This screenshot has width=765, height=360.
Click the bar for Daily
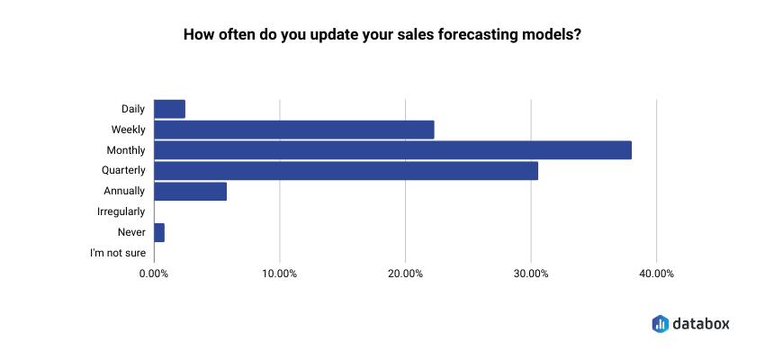click(x=170, y=109)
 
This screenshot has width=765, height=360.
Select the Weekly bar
click(x=294, y=130)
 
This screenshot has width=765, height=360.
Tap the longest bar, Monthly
click(x=392, y=150)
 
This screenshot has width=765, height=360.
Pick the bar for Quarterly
click(x=346, y=171)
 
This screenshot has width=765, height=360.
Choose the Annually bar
click(x=190, y=191)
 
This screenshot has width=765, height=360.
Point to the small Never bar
click(x=159, y=233)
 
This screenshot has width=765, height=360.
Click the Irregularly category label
click(x=121, y=211)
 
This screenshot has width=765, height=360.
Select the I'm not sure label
click(x=118, y=253)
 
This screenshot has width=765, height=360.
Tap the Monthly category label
click(x=126, y=150)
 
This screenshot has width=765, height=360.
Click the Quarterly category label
click(x=123, y=171)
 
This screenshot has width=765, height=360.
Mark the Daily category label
click(x=133, y=109)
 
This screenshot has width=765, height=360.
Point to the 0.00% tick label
click(x=154, y=274)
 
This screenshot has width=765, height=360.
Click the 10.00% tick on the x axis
click(x=280, y=274)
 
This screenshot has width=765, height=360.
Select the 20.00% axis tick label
click(x=405, y=274)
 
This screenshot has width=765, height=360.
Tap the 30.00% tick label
click(x=531, y=274)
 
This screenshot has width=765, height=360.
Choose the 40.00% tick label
click(x=656, y=274)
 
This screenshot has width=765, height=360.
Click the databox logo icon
click(x=660, y=323)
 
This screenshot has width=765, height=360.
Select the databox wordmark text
click(x=701, y=323)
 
